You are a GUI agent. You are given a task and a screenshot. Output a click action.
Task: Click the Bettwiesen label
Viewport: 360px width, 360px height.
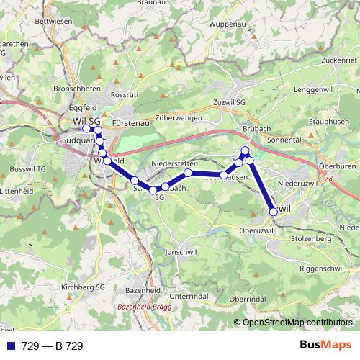click(50, 22)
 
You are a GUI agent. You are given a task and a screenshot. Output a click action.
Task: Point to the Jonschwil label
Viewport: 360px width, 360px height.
click(180, 253)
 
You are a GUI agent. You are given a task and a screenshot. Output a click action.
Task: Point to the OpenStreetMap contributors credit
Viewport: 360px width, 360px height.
click(297, 323)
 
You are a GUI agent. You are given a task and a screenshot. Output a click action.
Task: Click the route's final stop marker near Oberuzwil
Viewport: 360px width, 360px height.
click(273, 212)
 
